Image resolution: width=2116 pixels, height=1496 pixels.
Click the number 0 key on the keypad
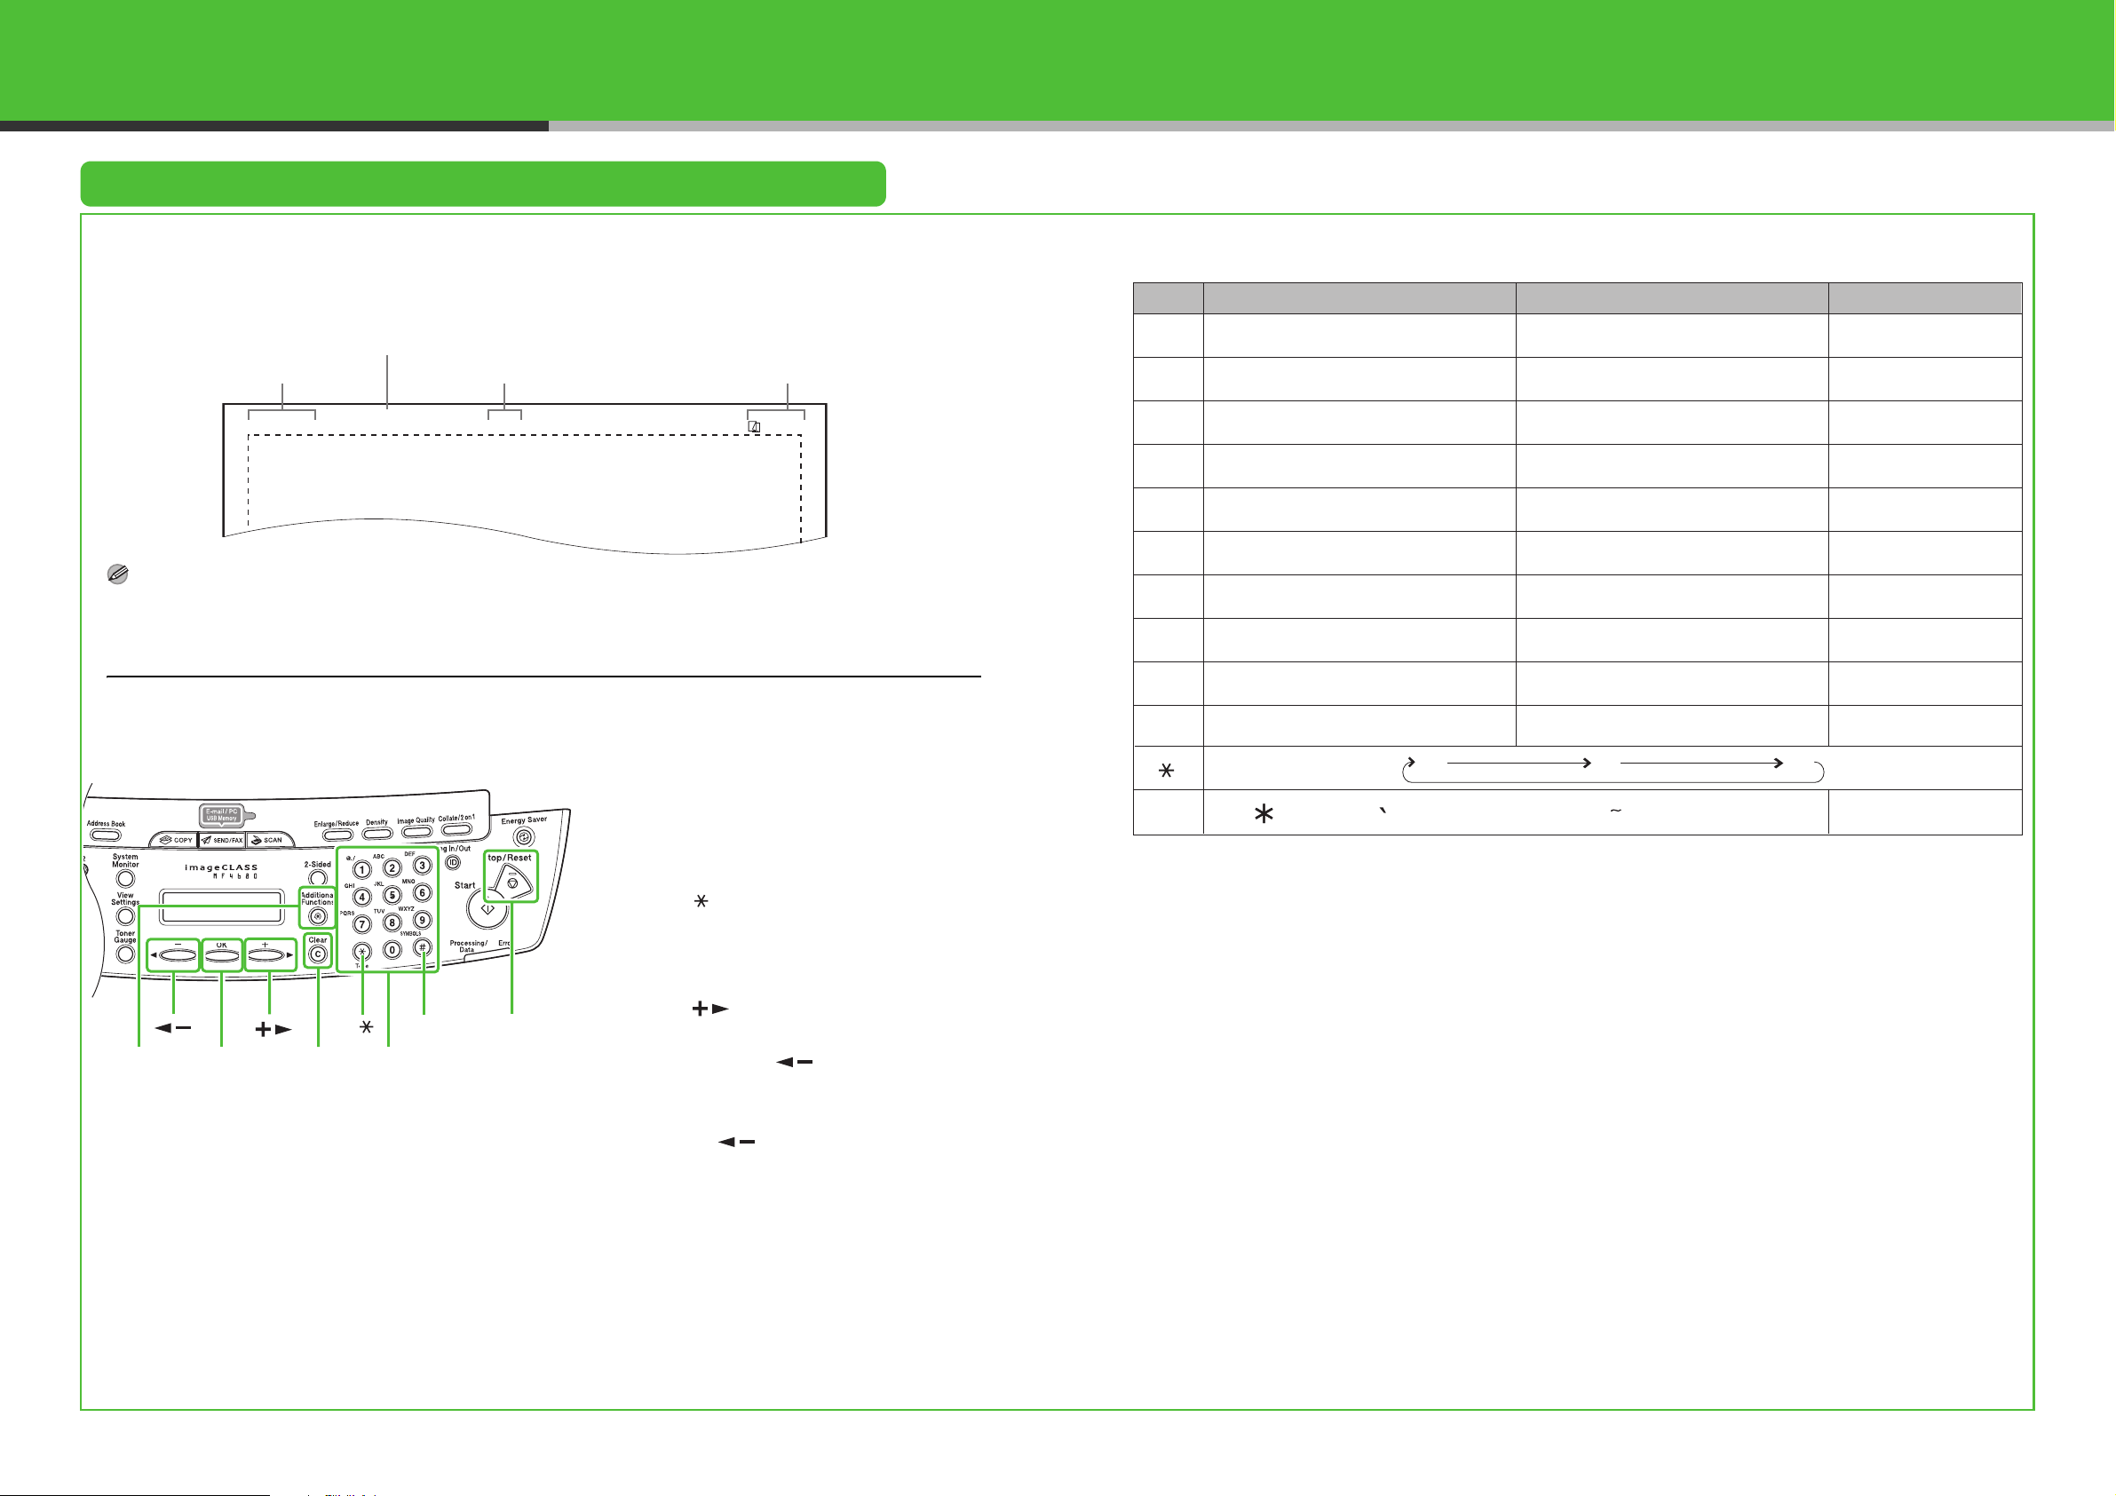click(x=392, y=949)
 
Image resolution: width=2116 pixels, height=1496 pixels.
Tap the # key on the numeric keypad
click(x=422, y=947)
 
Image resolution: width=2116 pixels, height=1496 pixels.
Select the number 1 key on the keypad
click(x=362, y=869)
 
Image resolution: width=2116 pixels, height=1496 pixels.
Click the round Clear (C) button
click(x=318, y=954)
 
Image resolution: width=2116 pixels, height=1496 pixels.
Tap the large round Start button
click(x=487, y=909)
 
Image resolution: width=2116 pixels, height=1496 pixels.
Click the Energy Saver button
click(x=525, y=837)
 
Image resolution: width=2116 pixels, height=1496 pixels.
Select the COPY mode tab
click(x=175, y=840)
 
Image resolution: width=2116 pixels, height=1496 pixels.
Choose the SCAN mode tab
click(x=267, y=840)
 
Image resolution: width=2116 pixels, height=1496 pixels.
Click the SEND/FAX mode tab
click(x=221, y=840)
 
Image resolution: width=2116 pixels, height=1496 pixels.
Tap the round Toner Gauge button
click(x=125, y=955)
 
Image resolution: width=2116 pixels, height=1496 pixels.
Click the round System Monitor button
click(x=125, y=878)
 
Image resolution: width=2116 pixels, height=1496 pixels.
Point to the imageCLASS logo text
click(x=221, y=867)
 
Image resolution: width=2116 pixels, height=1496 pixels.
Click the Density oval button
click(x=376, y=835)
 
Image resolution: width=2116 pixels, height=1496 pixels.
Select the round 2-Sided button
click(x=318, y=878)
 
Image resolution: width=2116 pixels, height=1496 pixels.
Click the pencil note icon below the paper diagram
click(x=118, y=574)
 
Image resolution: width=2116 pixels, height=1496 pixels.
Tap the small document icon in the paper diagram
click(x=755, y=426)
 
